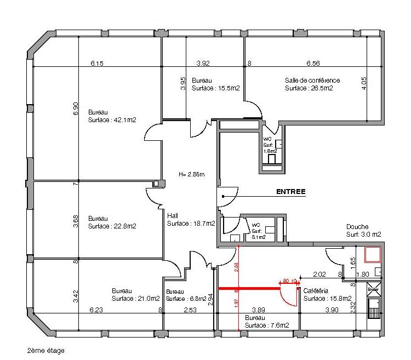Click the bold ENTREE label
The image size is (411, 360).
click(x=290, y=192)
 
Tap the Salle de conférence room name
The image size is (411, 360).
click(x=312, y=81)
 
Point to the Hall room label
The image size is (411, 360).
click(x=173, y=216)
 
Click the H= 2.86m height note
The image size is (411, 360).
click(x=191, y=175)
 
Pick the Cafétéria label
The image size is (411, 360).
click(x=316, y=292)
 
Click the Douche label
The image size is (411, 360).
click(x=357, y=227)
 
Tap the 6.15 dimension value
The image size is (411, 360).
click(x=97, y=64)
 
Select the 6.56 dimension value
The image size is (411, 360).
click(x=313, y=64)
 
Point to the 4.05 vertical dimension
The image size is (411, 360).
click(x=364, y=83)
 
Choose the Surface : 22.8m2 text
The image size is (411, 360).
click(x=112, y=226)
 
